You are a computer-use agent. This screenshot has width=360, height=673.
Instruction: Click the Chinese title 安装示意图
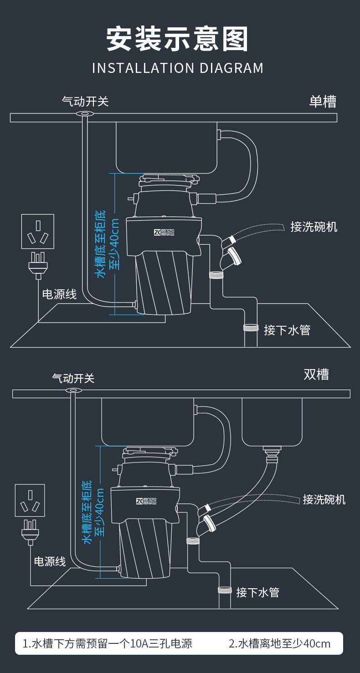178,39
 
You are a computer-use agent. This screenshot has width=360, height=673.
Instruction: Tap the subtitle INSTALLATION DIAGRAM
178,68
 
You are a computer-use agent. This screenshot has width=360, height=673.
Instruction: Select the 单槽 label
323,101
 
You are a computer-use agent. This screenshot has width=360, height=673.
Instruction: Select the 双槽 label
316,375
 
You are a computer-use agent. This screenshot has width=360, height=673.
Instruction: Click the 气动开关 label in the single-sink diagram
85,101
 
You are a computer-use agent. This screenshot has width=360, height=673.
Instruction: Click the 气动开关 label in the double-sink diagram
73,378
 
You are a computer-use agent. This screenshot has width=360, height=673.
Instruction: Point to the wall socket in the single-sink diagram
38,231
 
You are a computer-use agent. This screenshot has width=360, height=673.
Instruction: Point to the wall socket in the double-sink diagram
30,500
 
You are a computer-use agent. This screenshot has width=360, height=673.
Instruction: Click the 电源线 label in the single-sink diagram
59,294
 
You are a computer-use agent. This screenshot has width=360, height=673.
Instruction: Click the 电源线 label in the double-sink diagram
50,561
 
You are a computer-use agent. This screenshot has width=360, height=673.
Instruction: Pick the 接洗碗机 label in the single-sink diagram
314,226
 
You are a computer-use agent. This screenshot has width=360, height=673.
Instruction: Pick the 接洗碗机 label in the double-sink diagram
324,499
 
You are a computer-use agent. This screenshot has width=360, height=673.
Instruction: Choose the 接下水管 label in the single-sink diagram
287,330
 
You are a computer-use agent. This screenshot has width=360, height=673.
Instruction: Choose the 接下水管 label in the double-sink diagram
257,592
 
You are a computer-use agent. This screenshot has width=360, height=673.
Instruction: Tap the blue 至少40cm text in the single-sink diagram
115,244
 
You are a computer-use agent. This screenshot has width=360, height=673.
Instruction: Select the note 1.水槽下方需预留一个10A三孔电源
108,643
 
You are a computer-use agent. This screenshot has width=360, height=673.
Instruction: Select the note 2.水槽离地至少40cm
279,643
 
